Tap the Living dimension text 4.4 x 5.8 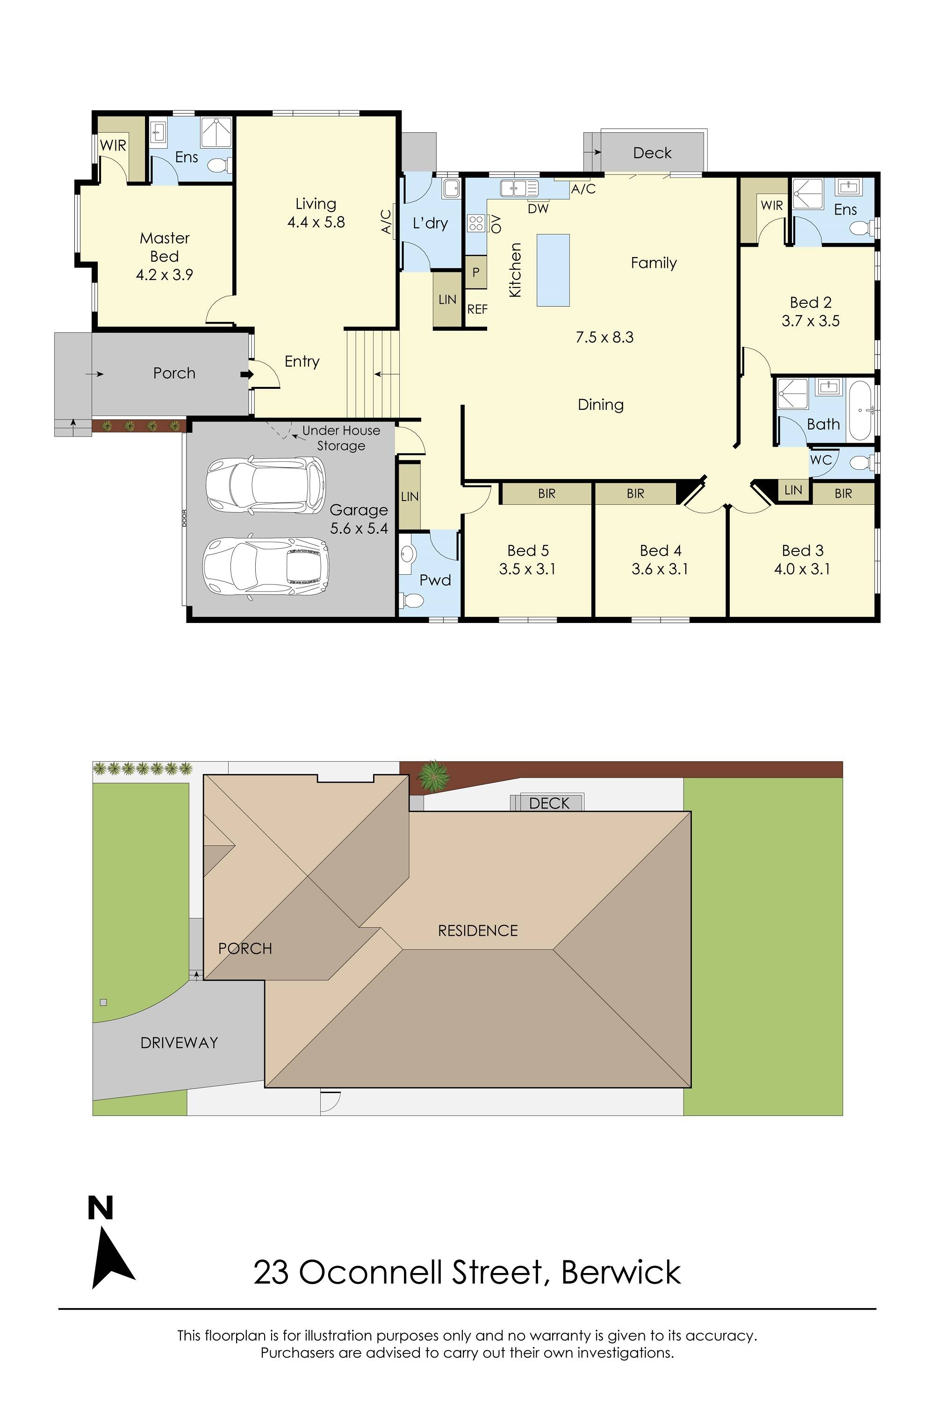(316, 222)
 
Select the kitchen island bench (553, 270)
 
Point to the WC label (820, 460)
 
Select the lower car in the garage (266, 566)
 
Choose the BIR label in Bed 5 (546, 494)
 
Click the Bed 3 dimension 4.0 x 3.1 (802, 569)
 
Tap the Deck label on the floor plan (652, 153)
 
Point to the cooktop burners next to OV (476, 223)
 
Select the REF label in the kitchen (477, 309)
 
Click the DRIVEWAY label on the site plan (179, 1043)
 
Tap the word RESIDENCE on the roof (478, 930)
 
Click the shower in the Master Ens (216, 132)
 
